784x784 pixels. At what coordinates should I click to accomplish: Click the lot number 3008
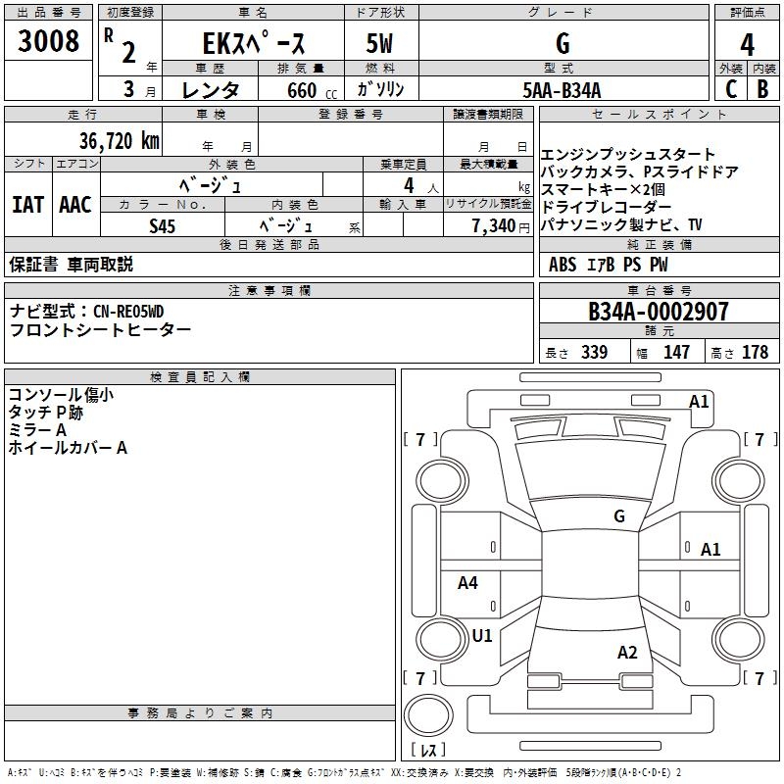point(48,43)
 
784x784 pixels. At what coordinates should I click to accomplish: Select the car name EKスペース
point(254,44)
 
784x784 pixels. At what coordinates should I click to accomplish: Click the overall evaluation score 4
point(747,45)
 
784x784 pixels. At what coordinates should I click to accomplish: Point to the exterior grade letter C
point(730,89)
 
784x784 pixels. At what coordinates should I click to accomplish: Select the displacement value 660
point(302,91)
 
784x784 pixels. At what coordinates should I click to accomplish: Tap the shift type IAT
point(28,205)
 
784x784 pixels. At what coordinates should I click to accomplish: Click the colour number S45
point(163,225)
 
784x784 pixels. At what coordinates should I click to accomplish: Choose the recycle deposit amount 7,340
point(493,225)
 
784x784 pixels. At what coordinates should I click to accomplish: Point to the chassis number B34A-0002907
point(659,312)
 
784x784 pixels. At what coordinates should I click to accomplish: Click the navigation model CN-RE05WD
point(128,312)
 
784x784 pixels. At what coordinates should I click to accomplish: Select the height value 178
point(756,353)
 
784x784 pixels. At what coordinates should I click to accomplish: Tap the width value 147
point(676,353)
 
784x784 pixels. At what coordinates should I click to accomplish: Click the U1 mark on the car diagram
point(482,636)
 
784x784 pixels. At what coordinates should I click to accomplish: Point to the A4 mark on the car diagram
point(468,583)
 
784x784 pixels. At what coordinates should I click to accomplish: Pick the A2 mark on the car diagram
point(627,653)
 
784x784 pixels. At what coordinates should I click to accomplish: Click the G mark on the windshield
point(619,516)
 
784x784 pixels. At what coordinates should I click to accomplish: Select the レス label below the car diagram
point(433,751)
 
